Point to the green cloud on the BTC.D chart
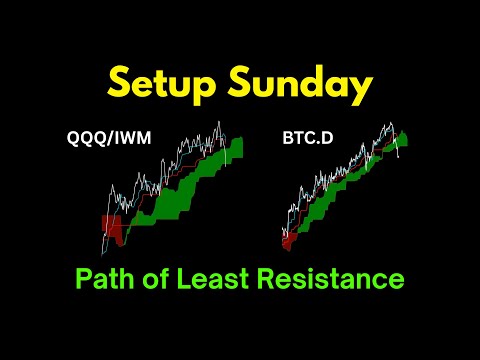(x=350, y=190)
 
